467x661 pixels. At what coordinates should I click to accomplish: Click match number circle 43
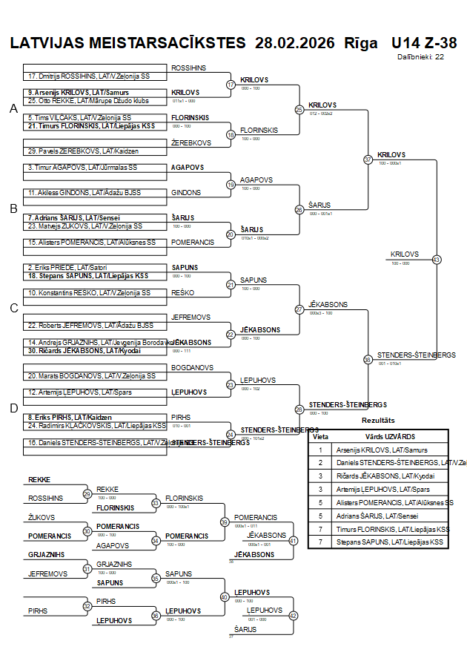(x=436, y=260)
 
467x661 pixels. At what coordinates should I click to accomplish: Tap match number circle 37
(x=368, y=160)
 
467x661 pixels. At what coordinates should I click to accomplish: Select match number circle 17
(x=231, y=85)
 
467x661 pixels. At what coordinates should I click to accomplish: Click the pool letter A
(x=13, y=109)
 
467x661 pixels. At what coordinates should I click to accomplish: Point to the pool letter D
(x=13, y=407)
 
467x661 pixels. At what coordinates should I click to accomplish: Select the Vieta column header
(x=320, y=437)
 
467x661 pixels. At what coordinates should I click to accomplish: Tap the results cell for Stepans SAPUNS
(x=391, y=542)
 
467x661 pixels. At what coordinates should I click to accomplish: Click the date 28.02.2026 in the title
(x=294, y=42)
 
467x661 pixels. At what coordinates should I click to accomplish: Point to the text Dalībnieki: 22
(x=420, y=56)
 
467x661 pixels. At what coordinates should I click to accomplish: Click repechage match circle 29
(x=87, y=494)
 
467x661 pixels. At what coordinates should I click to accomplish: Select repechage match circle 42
(x=293, y=616)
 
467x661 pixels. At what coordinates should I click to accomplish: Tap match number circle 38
(x=368, y=360)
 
